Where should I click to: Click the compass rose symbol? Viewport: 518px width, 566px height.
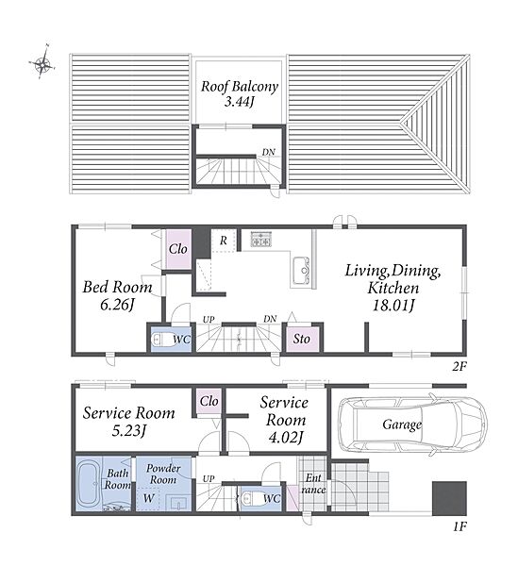tap(42, 64)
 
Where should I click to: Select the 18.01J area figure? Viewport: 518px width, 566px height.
tap(393, 306)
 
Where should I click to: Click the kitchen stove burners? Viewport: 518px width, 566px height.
tap(261, 240)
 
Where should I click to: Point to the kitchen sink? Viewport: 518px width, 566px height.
tap(301, 271)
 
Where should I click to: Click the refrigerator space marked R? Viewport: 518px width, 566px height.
tap(224, 241)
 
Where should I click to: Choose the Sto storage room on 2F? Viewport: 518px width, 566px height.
tap(302, 339)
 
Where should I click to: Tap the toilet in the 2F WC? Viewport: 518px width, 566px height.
tap(161, 340)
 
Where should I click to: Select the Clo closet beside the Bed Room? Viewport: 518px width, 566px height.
tap(178, 249)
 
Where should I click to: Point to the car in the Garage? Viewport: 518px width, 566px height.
tap(412, 424)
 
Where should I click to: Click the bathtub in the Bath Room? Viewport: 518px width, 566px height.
tap(89, 483)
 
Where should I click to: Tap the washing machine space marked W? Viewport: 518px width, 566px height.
tap(148, 498)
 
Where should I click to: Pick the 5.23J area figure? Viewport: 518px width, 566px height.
tap(128, 431)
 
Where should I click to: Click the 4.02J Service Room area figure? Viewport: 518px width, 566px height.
tap(285, 438)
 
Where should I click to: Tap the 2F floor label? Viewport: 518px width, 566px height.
tap(460, 367)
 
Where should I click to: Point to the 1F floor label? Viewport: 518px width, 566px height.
tap(460, 527)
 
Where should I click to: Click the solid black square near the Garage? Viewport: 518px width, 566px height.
tap(449, 498)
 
